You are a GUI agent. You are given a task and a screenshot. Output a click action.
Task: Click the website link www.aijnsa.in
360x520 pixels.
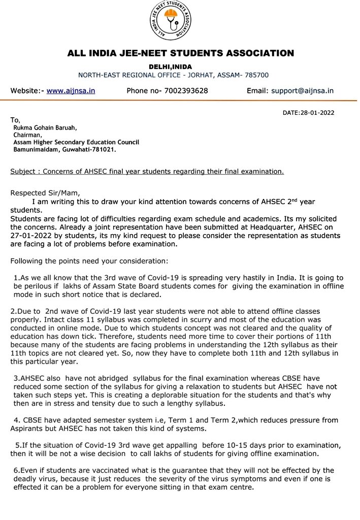click(x=71, y=91)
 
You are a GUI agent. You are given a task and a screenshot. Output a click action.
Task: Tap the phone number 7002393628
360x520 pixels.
click(x=186, y=91)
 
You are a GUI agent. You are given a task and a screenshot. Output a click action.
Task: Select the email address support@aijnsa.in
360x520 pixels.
click(x=302, y=91)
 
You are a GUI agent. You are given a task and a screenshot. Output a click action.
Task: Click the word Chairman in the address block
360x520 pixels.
click(x=28, y=135)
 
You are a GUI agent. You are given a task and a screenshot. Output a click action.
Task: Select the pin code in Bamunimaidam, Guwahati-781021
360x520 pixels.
click(x=103, y=150)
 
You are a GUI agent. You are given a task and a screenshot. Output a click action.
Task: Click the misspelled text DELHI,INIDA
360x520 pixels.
click(x=170, y=67)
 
